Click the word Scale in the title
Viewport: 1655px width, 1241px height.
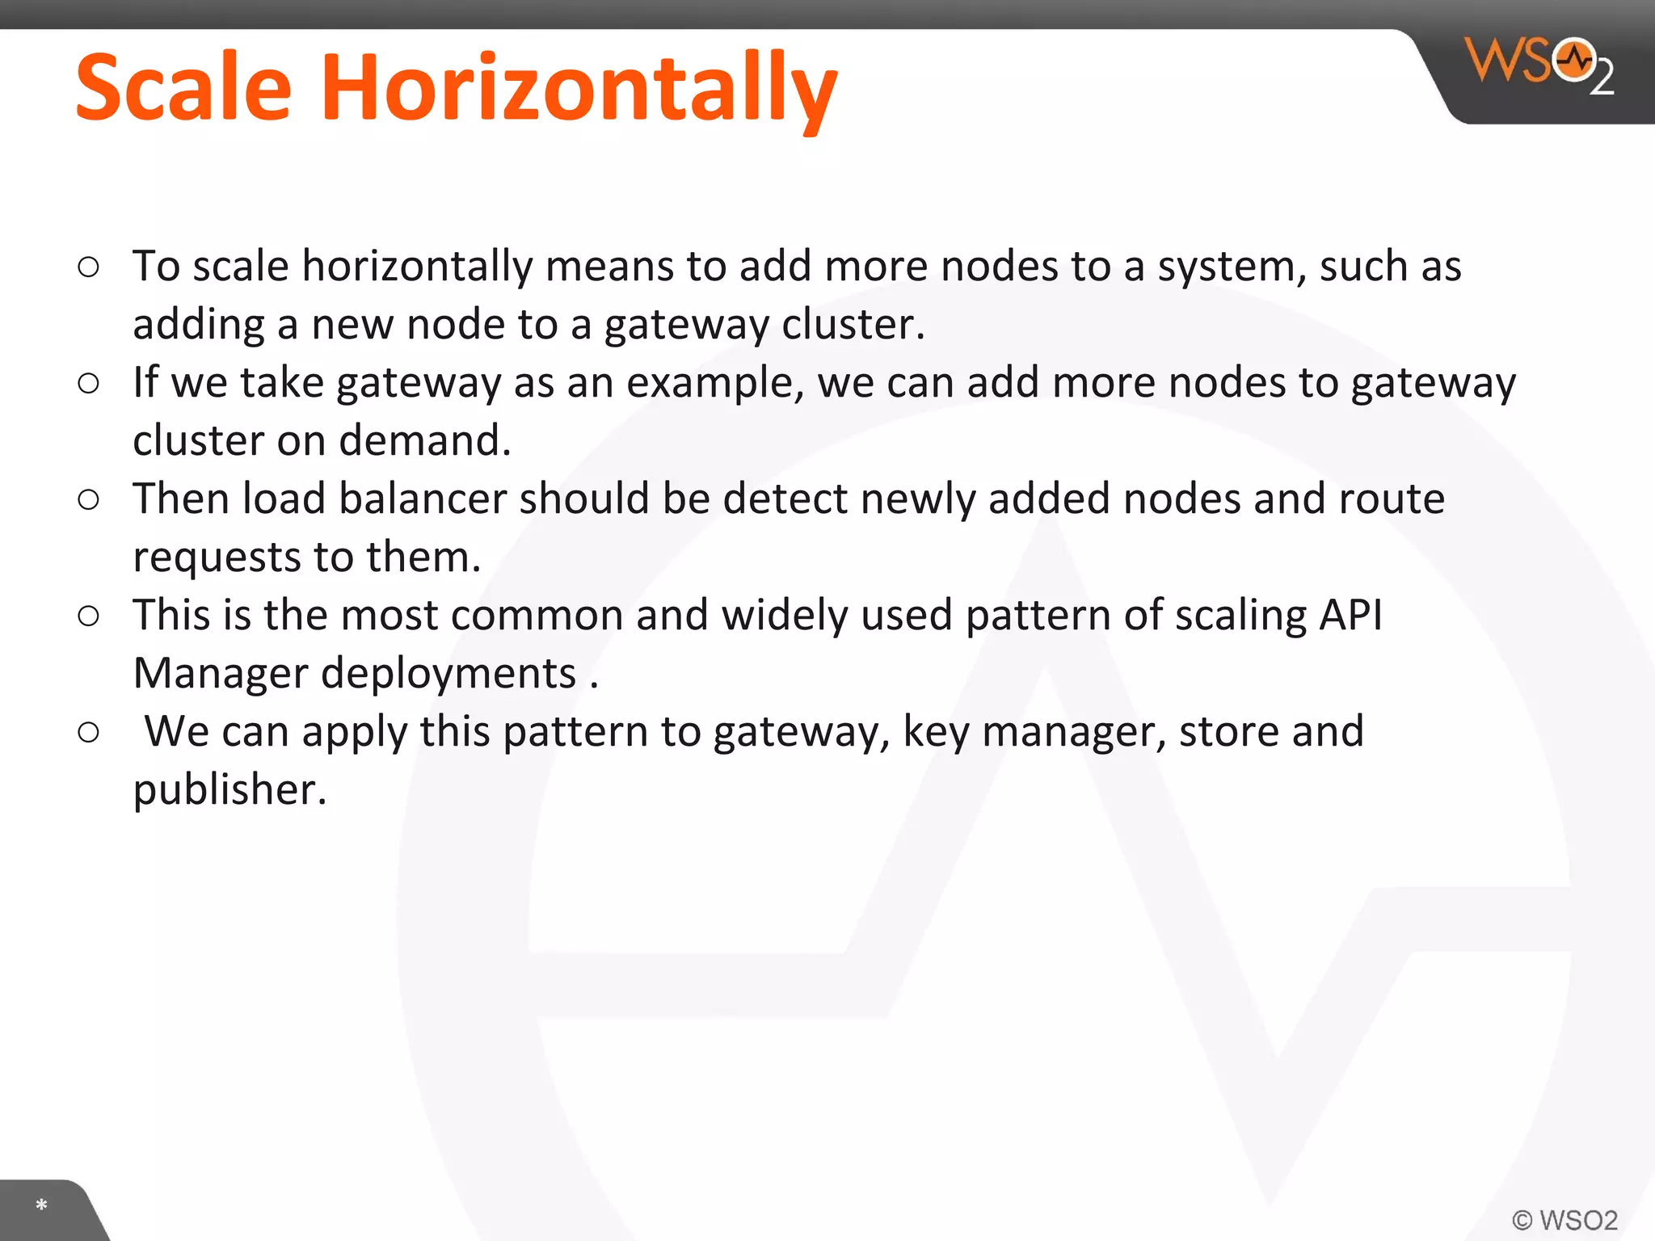pyautogui.click(x=183, y=87)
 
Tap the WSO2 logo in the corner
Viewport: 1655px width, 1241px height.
pyautogui.click(x=1539, y=65)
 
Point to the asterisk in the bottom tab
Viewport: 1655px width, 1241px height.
pyautogui.click(x=41, y=1205)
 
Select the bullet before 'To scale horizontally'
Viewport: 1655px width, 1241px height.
pyautogui.click(x=89, y=267)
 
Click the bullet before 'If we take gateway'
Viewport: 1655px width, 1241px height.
pyautogui.click(x=89, y=383)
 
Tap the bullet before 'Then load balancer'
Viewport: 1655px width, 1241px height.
pyautogui.click(x=89, y=499)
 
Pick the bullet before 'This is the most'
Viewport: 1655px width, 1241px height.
pyautogui.click(x=89, y=616)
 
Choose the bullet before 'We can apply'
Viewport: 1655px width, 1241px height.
pyautogui.click(x=89, y=732)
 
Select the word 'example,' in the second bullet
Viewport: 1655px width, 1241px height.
pyautogui.click(x=715, y=383)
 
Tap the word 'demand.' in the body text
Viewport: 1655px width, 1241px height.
pyautogui.click(x=425, y=441)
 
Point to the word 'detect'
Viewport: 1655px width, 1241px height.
pyautogui.click(x=784, y=499)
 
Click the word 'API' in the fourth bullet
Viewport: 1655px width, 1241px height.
pyautogui.click(x=1350, y=615)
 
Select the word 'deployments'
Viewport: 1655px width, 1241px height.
pyautogui.click(x=448, y=674)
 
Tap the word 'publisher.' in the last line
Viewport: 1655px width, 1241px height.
pyautogui.click(x=230, y=790)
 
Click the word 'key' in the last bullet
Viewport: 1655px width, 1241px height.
pyautogui.click(x=935, y=732)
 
